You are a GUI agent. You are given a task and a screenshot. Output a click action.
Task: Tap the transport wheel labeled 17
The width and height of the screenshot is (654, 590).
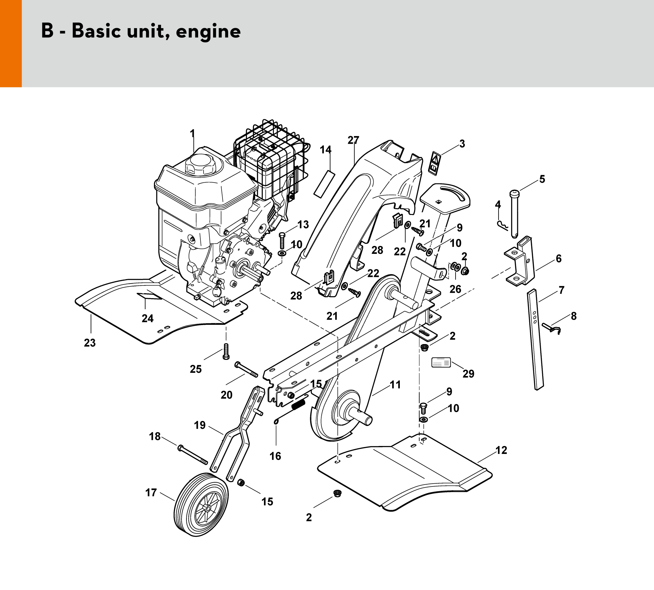201,505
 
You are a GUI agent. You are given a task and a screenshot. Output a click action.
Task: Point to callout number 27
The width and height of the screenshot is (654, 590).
353,140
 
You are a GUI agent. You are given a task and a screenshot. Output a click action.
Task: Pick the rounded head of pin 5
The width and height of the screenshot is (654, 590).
515,194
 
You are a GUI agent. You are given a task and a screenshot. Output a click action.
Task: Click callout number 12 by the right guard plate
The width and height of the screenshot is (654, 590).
501,450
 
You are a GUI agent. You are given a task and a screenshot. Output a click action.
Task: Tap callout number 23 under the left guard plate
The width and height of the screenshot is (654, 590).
90,343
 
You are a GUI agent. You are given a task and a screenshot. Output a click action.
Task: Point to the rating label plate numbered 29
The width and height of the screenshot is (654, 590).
441,362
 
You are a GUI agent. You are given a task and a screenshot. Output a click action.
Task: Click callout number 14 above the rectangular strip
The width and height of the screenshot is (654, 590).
325,150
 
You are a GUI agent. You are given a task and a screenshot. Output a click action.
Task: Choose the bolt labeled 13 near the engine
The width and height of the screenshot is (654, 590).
281,241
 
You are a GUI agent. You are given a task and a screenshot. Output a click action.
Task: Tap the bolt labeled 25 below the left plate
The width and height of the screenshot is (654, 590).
226,351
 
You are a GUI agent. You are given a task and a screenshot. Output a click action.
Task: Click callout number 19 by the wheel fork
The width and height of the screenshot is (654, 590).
200,425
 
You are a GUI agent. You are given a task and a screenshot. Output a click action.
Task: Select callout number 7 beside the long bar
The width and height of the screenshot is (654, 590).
561,290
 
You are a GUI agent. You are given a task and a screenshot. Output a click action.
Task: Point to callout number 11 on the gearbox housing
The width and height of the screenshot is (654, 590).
395,385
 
